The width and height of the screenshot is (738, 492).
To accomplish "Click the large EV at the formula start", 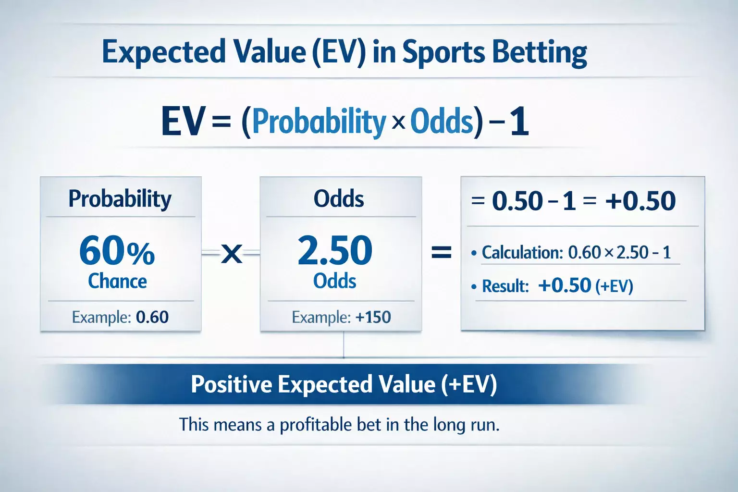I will click(184, 122).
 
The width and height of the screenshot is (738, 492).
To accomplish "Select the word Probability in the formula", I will click(319, 122).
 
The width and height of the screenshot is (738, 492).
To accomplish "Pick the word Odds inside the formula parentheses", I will click(442, 122).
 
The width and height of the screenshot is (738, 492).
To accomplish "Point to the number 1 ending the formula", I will click(519, 122).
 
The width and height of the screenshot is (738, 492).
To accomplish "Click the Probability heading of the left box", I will click(120, 199).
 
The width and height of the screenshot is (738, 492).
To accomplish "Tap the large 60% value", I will click(117, 251).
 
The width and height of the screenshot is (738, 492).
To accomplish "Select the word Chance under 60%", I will click(117, 281).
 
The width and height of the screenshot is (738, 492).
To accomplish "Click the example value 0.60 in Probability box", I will click(152, 317).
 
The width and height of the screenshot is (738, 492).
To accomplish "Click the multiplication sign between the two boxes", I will click(232, 253).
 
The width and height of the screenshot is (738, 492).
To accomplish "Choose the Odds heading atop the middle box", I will click(339, 199).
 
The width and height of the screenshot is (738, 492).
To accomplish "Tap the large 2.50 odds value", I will click(335, 251).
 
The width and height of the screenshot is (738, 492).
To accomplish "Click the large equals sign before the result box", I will click(441, 252).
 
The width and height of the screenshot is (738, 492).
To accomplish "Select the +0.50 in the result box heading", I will click(640, 201).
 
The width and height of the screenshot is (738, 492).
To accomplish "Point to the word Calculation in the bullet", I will click(522, 252).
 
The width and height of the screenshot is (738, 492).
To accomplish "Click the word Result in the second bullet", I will click(505, 286).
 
